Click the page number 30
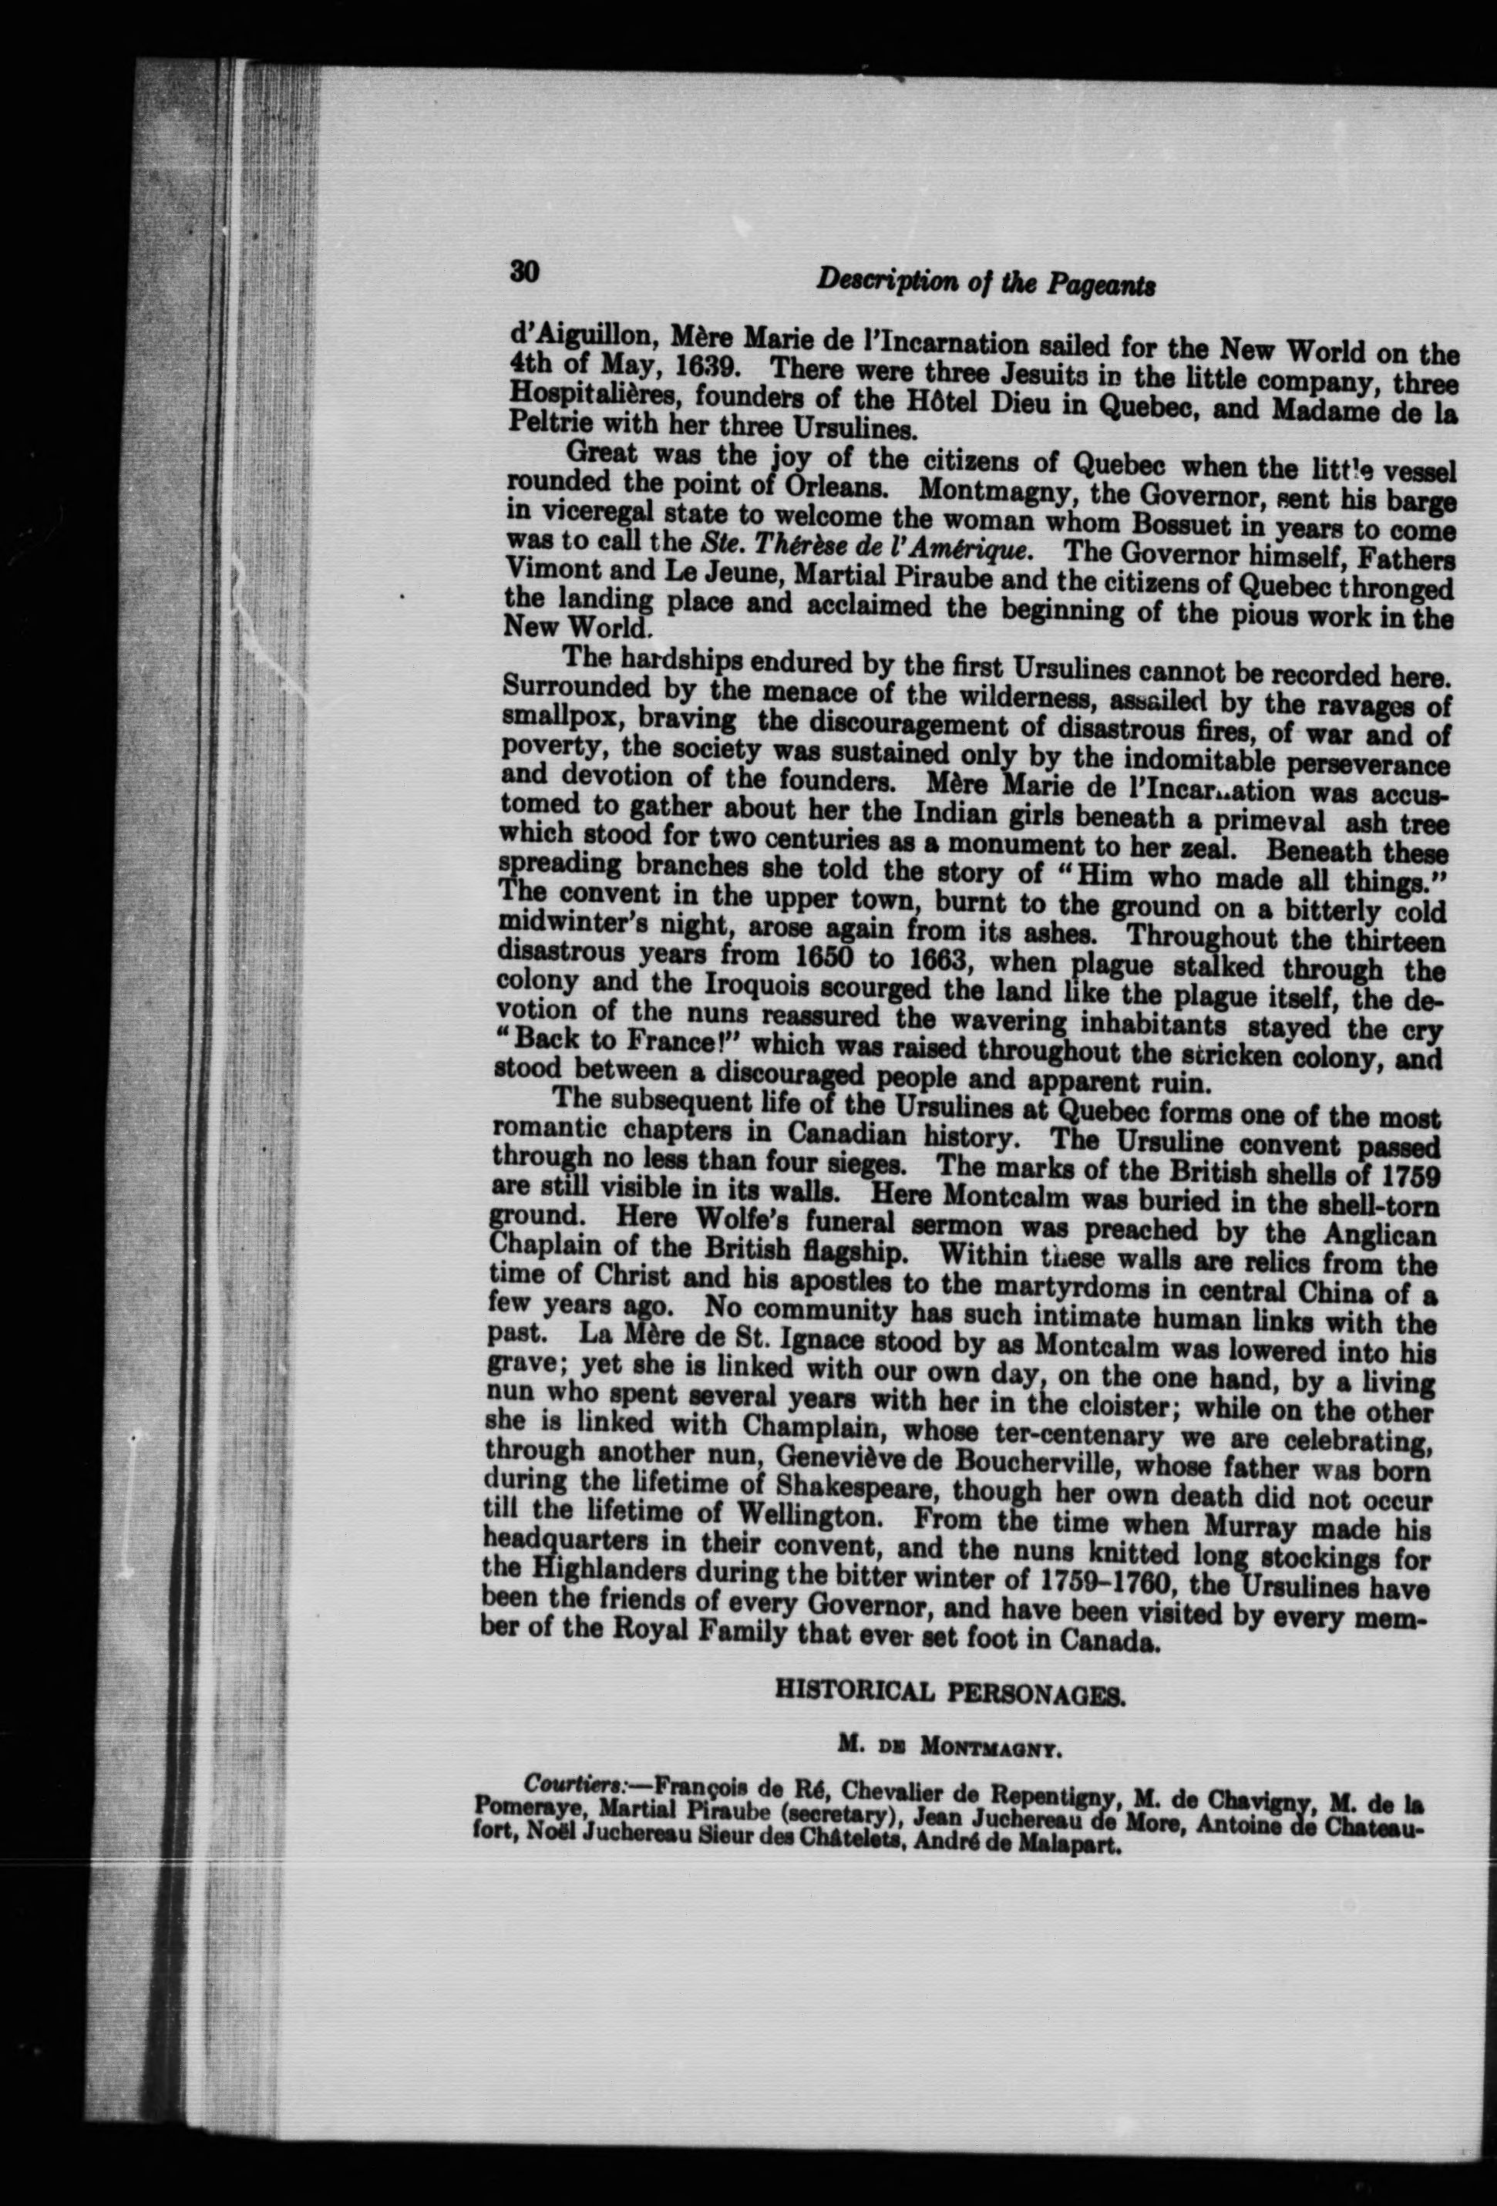tap(524, 272)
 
